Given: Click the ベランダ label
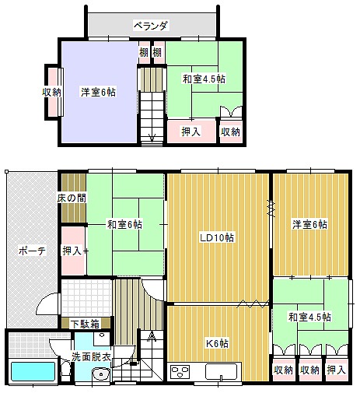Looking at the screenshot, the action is [x=151, y=26].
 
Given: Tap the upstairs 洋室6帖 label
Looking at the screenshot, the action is [x=98, y=92].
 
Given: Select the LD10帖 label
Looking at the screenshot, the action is [x=217, y=237].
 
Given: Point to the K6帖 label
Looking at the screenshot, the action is [x=217, y=343].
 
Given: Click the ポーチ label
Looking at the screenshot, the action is [x=32, y=251].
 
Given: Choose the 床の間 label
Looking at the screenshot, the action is [x=72, y=198].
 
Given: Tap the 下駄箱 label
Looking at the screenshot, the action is [x=86, y=324].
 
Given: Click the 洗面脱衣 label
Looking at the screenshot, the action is [x=91, y=357].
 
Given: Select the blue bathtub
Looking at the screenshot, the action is [x=33, y=371].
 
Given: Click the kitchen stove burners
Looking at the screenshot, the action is [x=180, y=371].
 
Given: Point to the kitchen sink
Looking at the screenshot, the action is [x=221, y=371].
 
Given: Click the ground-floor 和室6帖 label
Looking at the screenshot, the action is [x=124, y=224].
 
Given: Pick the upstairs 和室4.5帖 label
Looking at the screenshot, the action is [x=204, y=79].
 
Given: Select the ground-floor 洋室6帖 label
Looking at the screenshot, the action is [x=309, y=224].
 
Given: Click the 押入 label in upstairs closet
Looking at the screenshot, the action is [x=191, y=132].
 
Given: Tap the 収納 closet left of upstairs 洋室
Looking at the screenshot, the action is [x=52, y=92].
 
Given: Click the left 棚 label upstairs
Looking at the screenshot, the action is [x=144, y=53].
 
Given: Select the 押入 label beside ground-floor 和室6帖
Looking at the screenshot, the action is [x=72, y=251].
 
